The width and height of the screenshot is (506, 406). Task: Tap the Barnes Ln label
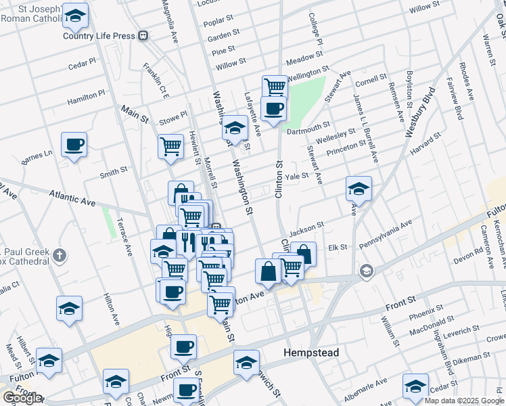tap(37, 158)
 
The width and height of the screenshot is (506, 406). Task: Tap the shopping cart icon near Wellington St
tap(275, 86)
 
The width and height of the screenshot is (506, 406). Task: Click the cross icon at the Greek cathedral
tap(60, 255)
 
